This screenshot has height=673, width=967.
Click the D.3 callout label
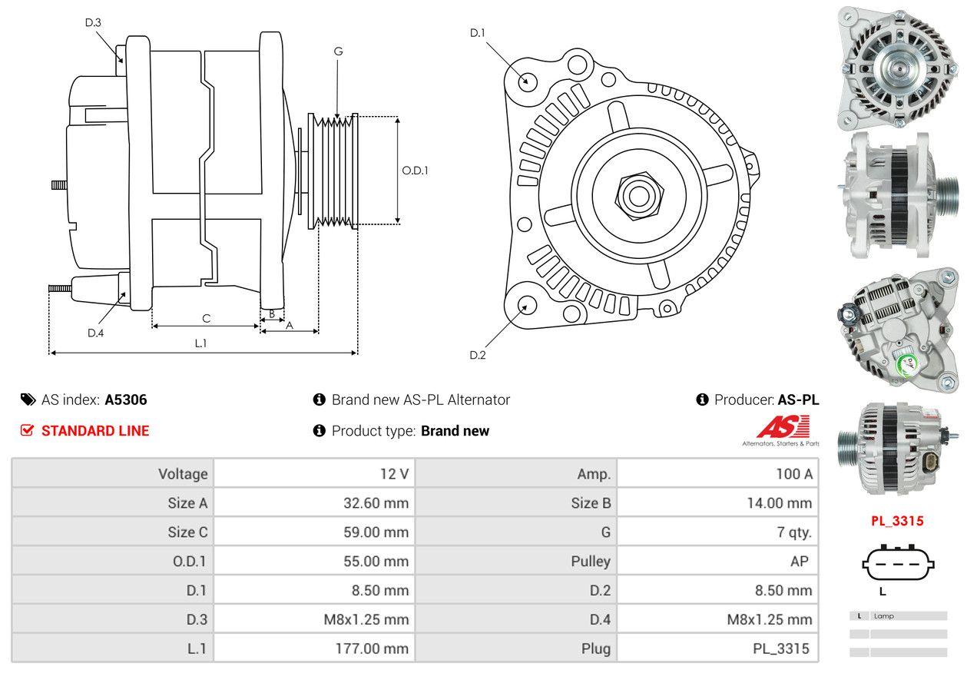[x=93, y=23]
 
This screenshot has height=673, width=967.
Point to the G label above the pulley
[x=338, y=51]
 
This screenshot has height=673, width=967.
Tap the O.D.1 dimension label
[x=415, y=171]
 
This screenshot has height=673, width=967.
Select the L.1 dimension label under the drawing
[x=200, y=343]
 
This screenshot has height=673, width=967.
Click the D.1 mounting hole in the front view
[x=527, y=80]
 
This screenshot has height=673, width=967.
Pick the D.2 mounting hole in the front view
[x=526, y=305]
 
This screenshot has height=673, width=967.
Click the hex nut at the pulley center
[x=634, y=194]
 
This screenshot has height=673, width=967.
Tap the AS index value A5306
[x=126, y=399]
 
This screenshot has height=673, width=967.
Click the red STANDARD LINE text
[x=95, y=431]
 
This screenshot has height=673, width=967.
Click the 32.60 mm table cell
[x=376, y=503]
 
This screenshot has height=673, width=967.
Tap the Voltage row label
[x=183, y=474]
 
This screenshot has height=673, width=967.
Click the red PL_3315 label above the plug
[x=896, y=521]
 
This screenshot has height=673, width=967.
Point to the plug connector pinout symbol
[x=898, y=565]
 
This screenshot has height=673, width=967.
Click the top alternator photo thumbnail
[x=896, y=66]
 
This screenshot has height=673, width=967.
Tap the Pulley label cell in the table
[x=591, y=562]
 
